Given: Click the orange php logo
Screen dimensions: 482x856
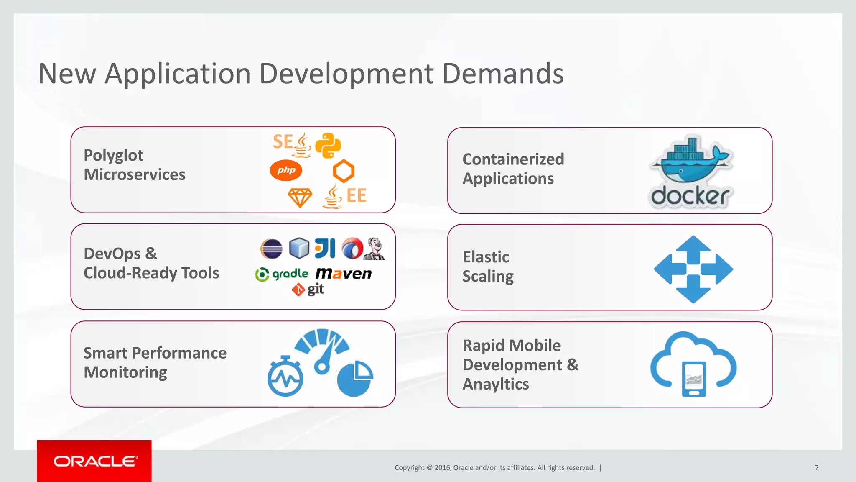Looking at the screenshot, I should tap(286, 170).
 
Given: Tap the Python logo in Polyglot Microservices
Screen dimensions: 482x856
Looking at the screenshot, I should tap(328, 146).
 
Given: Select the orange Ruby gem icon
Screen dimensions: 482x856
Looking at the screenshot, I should tap(300, 197).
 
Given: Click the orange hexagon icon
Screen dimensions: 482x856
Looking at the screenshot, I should tap(344, 171).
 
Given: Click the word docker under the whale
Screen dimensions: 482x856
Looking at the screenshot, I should tap(690, 196).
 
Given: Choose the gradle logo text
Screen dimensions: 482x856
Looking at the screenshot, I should tap(290, 274).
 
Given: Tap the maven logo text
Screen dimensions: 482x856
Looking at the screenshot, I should tap(344, 274).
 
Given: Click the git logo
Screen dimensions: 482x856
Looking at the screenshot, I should tap(308, 289).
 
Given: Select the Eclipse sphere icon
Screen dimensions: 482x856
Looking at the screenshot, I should tap(271, 249).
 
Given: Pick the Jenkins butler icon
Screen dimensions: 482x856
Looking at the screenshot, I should tap(375, 249).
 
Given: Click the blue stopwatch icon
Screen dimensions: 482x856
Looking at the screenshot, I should tap(285, 377).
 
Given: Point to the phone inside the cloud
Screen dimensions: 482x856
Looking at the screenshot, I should tap(694, 379).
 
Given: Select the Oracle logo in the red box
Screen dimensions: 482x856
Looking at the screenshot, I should tap(95, 461).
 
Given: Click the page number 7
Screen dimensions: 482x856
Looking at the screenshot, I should tap(816, 467).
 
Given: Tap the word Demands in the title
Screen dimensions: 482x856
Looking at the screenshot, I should tap(503, 74).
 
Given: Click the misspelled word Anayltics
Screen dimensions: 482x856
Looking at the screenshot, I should tap(496, 384).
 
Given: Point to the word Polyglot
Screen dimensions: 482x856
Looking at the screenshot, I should tap(113, 155).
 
